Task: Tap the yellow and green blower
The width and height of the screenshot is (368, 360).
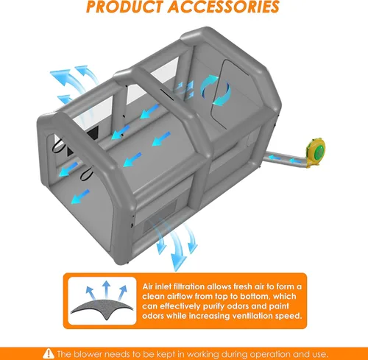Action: tap(315, 152)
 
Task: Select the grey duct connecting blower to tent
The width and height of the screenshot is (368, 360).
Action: tap(286, 160)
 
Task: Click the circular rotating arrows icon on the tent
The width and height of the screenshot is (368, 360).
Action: tap(216, 91)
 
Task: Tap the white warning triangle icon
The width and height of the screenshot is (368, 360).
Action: tap(49, 353)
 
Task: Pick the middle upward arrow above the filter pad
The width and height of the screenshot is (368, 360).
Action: tap(106, 289)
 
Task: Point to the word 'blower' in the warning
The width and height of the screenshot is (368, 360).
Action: tap(86, 354)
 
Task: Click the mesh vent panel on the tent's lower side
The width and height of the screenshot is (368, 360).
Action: tap(160, 215)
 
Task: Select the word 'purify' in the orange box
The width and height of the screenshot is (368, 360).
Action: tap(216, 306)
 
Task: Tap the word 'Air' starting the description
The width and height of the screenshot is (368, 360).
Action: tap(148, 286)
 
